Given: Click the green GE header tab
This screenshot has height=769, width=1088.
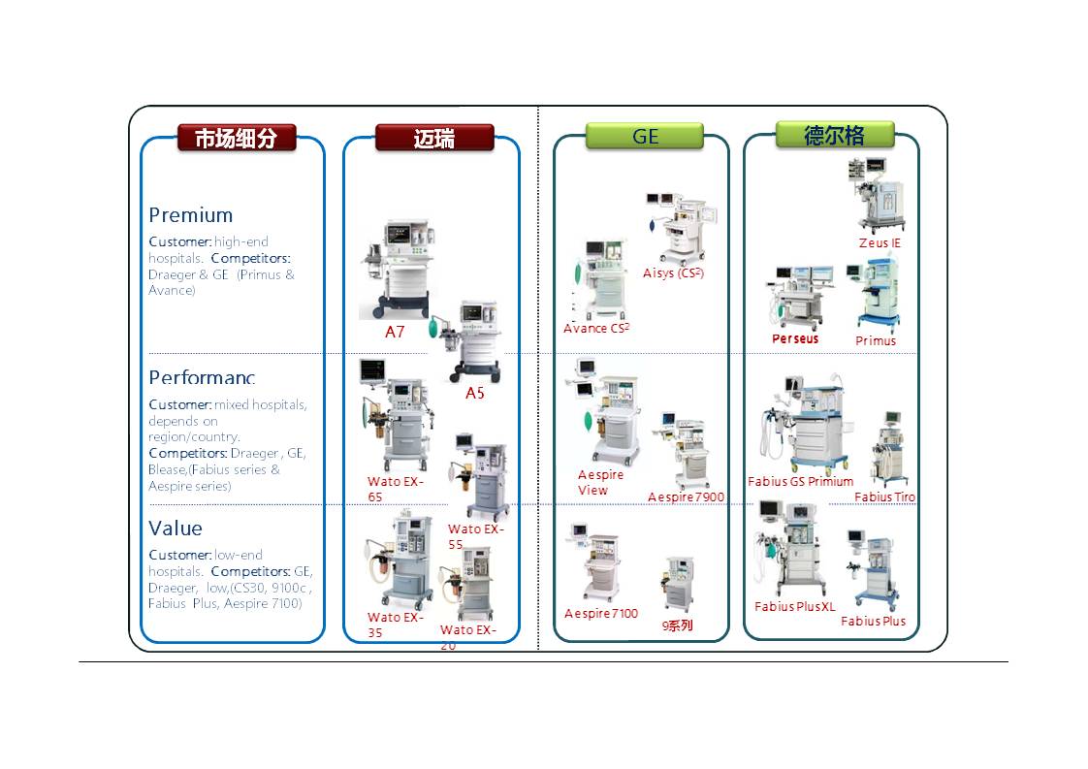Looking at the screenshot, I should [x=645, y=137].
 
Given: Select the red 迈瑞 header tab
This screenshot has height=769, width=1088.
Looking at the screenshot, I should [x=434, y=138].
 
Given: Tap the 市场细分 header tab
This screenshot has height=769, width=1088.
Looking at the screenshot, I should [x=236, y=138].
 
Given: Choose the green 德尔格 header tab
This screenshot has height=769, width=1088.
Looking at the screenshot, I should [x=834, y=135].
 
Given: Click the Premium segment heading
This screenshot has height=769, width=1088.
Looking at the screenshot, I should [x=191, y=215].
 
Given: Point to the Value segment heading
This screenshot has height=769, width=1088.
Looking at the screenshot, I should [x=176, y=529].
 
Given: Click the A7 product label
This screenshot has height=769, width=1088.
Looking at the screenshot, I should [x=395, y=332].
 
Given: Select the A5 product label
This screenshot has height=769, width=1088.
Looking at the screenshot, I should [x=474, y=393].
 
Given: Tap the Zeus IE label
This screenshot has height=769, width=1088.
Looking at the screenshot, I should [x=880, y=242].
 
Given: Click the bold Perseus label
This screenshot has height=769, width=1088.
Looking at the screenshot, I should [x=795, y=338].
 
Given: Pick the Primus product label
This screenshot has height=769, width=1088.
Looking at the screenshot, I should [x=876, y=340].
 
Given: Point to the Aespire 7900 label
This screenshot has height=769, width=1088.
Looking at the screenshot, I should [x=686, y=497].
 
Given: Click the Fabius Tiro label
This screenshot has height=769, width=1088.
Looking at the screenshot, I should [x=884, y=497].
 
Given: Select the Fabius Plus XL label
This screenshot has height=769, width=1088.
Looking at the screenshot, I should [x=794, y=607].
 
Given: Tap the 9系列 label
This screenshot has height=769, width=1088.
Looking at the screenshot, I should [x=678, y=625].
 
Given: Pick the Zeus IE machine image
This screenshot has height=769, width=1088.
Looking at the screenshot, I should [x=875, y=194].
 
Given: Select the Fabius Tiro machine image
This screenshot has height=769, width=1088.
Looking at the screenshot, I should [x=888, y=449].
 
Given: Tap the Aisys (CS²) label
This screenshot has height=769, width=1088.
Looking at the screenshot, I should [x=673, y=273].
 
